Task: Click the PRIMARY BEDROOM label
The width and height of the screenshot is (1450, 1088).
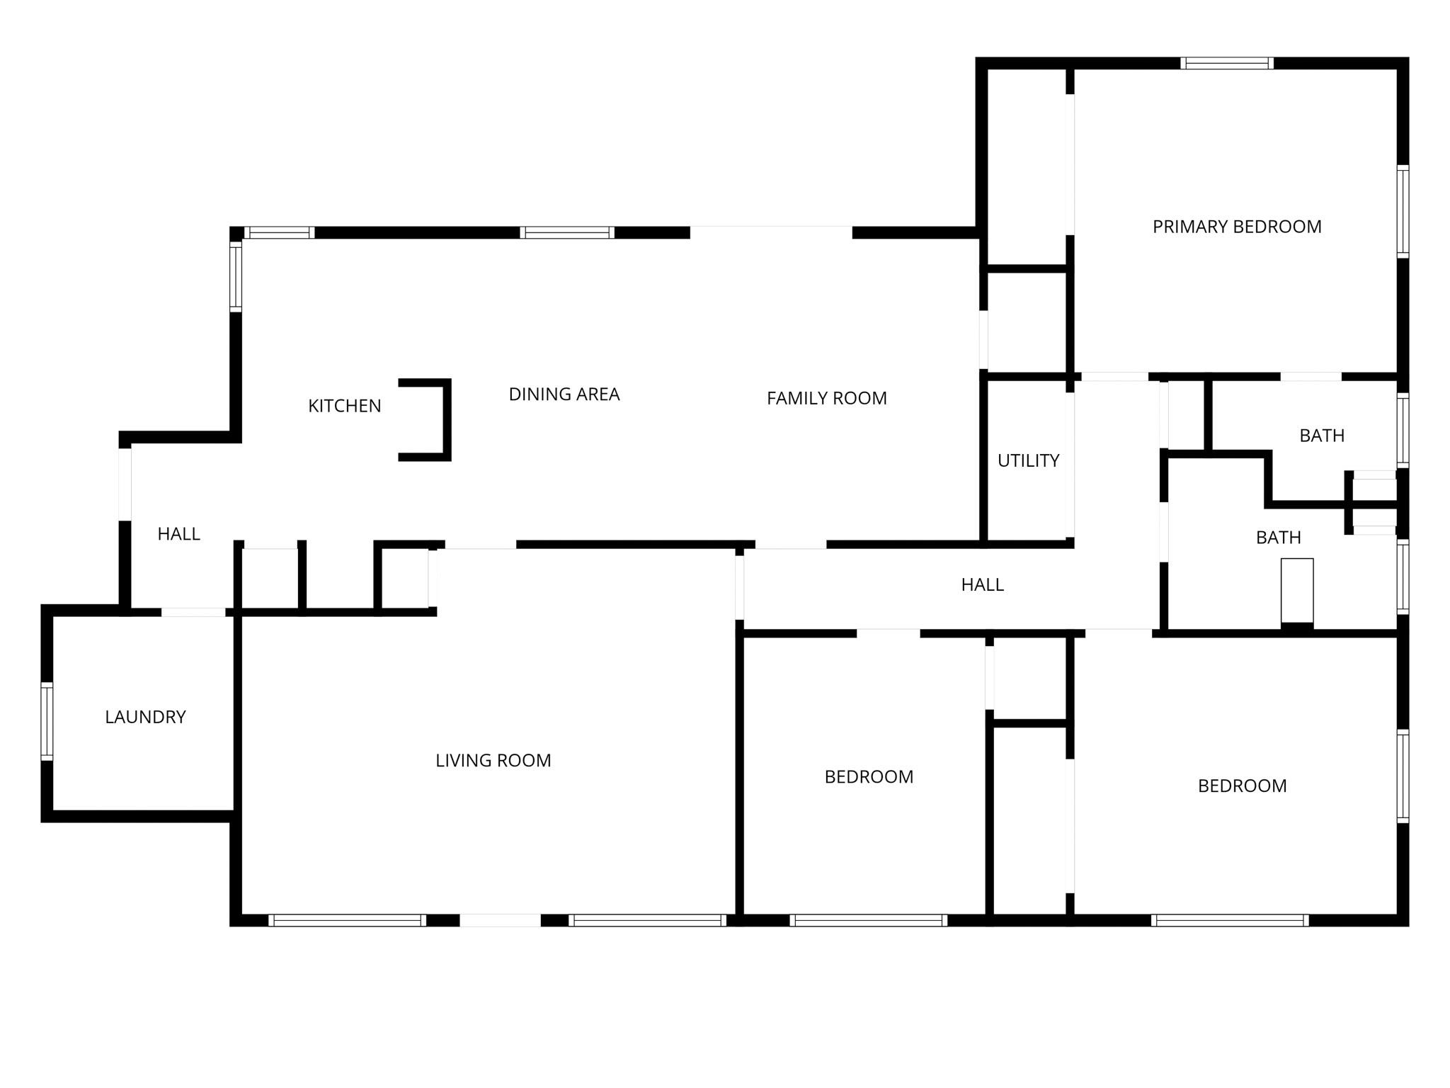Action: (x=1237, y=227)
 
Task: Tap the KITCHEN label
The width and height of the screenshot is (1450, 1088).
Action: (x=345, y=406)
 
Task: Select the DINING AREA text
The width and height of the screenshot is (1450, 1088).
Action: (x=564, y=395)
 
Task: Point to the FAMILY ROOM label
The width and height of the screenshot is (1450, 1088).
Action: (x=827, y=399)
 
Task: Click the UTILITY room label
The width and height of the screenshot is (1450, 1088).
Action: (x=1029, y=461)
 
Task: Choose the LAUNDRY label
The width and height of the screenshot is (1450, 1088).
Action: (x=145, y=718)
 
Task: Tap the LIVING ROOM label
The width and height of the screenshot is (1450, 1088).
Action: (x=493, y=761)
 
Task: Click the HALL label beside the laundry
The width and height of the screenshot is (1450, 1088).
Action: (x=179, y=534)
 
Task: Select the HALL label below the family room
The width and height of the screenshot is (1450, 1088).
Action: (x=983, y=585)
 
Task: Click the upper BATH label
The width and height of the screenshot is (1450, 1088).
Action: (x=1322, y=436)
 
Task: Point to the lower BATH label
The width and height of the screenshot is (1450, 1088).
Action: (x=1279, y=538)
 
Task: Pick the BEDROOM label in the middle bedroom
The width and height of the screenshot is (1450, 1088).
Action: (x=869, y=777)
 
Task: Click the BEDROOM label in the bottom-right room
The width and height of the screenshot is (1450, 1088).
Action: (x=1243, y=786)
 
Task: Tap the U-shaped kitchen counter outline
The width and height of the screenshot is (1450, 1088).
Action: (x=447, y=420)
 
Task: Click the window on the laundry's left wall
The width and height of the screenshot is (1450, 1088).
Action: (x=47, y=721)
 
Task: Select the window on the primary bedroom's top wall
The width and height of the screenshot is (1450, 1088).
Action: (x=1227, y=63)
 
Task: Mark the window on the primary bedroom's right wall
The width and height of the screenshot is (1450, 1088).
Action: (x=1403, y=211)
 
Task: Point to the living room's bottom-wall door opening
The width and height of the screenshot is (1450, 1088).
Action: (x=501, y=920)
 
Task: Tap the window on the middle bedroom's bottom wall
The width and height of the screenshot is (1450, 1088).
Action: (x=869, y=920)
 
